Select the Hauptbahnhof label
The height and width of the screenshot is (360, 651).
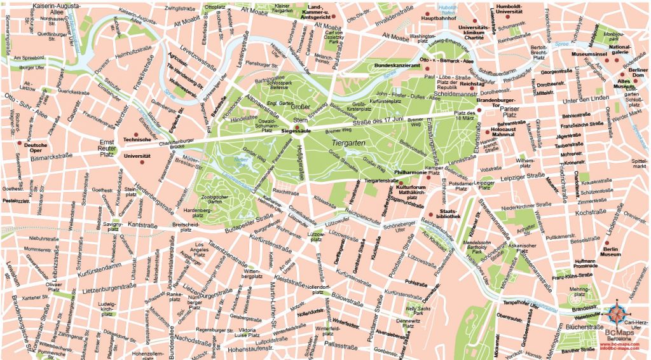pyautogui.click(x=440, y=19)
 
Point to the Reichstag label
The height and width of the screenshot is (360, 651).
pyautogui.click(x=472, y=83)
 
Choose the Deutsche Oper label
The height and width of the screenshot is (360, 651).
pyautogui.click(x=36, y=148)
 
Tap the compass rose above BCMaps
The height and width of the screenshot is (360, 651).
pyautogui.click(x=617, y=314)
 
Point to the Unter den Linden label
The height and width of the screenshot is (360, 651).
pyautogui.click(x=586, y=99)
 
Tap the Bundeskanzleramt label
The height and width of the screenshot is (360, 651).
pyautogui.click(x=397, y=65)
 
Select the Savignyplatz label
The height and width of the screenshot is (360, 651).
pyautogui.click(x=113, y=228)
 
